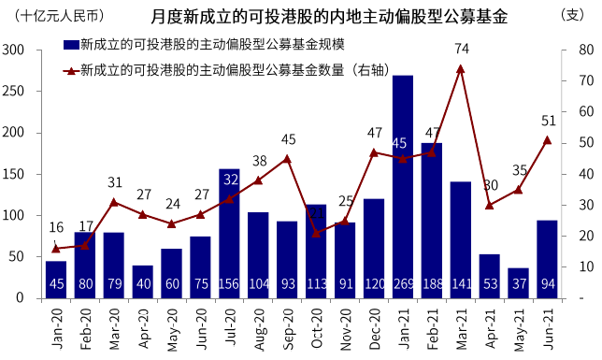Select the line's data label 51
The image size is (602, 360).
click(x=549, y=121)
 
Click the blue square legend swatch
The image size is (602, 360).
click(x=70, y=45)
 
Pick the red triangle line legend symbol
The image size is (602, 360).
click(x=70, y=69)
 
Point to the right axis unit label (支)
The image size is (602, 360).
click(x=572, y=16)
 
